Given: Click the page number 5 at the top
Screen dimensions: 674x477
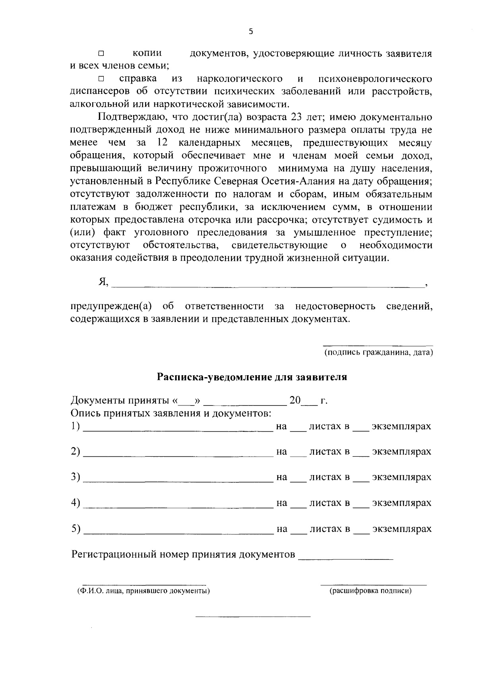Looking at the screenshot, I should (250, 32).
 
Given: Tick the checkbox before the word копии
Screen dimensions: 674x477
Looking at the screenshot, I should (101, 53).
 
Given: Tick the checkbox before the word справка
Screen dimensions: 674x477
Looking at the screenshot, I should (101, 79).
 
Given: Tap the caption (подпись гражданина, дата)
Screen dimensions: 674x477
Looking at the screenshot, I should (378, 353).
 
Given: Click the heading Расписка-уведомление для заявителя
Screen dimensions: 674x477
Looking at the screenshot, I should (252, 377).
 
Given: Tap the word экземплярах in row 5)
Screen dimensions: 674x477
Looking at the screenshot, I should (401, 529).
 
